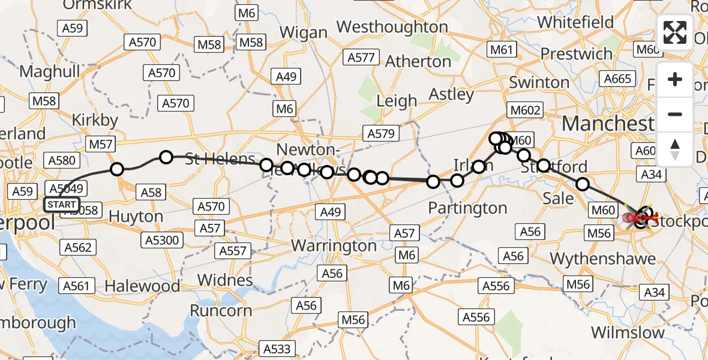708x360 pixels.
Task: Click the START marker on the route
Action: coord(61,205)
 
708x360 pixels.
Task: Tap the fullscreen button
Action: coord(675,32)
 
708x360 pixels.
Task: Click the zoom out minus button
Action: coord(675,114)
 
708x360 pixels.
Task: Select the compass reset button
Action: coord(675,149)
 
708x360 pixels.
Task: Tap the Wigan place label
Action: coord(304,32)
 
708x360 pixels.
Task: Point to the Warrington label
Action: coord(334,245)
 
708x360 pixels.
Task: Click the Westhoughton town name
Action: coord(392,27)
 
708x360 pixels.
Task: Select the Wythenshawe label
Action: coord(602,259)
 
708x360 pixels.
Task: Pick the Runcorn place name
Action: coord(221,310)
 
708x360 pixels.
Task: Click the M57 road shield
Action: coord(101,144)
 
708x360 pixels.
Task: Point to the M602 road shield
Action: coord(525,110)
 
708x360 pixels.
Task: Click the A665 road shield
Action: coord(618,79)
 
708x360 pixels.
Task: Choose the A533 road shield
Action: coord(277,349)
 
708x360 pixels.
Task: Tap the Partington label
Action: coord(467,208)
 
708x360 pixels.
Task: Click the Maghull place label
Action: coord(50,71)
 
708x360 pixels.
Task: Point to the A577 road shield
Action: coord(361,58)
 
